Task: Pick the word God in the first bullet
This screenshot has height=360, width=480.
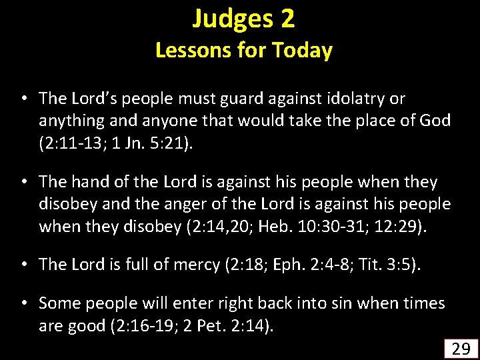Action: [x=434, y=121]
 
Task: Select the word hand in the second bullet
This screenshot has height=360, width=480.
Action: [x=89, y=182]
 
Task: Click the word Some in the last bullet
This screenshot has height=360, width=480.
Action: [x=59, y=303]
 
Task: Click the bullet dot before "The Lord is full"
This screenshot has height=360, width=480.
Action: [x=23, y=264]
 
